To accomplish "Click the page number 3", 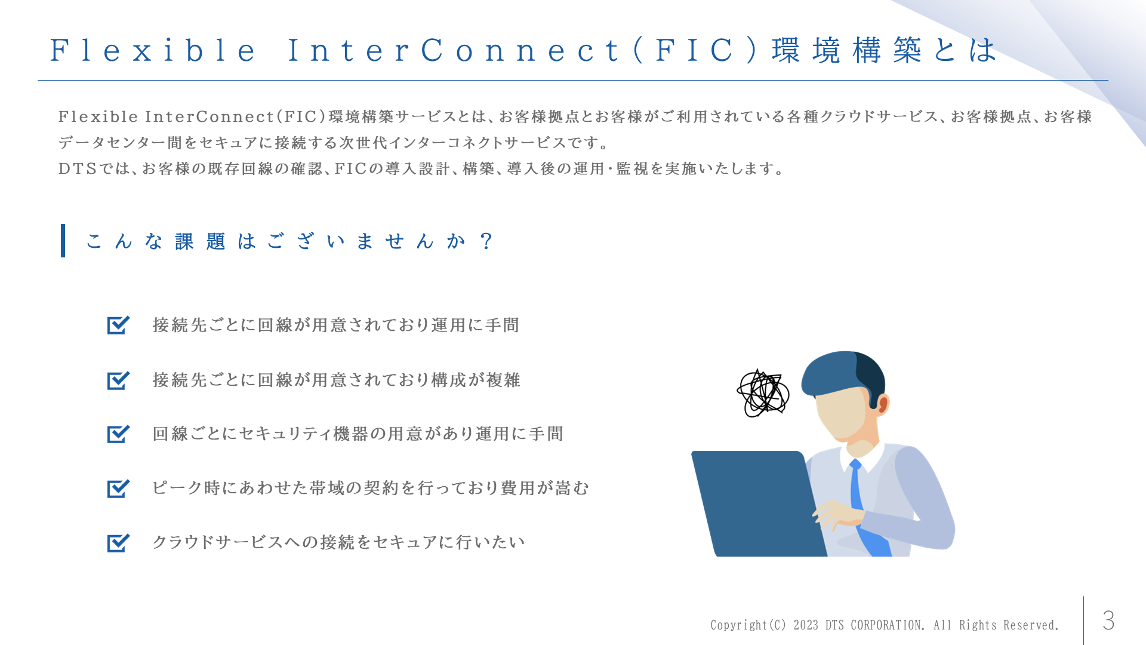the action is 1108,621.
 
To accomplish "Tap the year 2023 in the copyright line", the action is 806,625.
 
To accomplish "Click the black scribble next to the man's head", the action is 763,393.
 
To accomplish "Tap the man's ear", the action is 883,404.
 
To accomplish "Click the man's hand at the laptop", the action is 839,514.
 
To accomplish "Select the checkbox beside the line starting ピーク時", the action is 118,489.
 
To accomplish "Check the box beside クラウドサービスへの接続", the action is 118,543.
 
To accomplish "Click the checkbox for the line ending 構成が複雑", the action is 118,380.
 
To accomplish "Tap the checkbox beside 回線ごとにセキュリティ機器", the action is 118,434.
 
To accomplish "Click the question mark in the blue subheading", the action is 486,241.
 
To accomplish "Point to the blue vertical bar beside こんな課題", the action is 63,241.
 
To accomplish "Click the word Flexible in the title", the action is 153,50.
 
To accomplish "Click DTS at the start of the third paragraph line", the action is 78,169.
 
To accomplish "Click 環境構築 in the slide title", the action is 846,50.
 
